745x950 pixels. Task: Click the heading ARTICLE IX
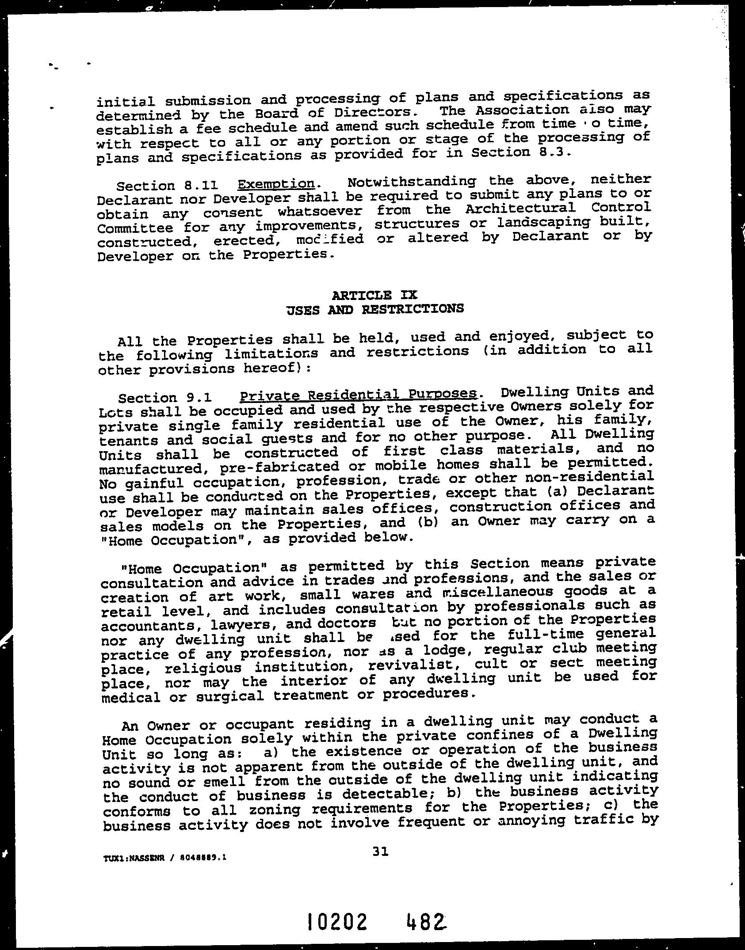click(374, 295)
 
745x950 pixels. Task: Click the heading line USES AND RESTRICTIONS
click(375, 309)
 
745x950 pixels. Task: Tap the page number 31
click(380, 852)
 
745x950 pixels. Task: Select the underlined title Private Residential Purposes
click(358, 395)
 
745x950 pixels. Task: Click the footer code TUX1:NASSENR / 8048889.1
click(165, 858)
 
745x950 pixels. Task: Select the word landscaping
click(543, 222)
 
